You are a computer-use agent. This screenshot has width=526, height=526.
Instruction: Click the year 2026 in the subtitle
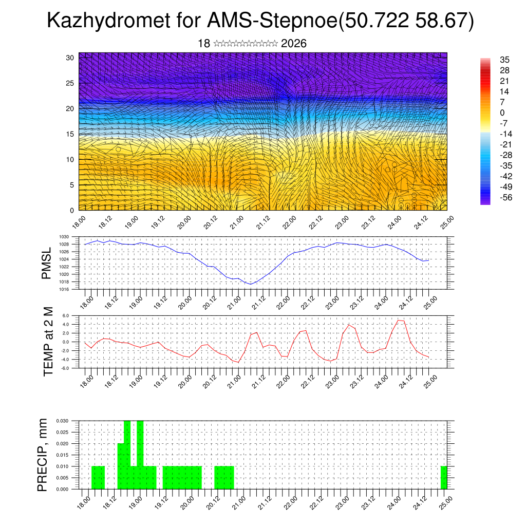(294, 44)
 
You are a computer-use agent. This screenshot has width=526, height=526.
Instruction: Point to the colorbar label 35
(504, 60)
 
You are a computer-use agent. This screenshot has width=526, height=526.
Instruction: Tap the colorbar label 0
(502, 113)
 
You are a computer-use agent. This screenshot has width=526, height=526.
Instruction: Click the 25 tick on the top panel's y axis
(70, 83)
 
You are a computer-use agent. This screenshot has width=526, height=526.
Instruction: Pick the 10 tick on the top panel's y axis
(70, 160)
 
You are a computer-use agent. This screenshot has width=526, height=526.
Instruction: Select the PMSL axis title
(47, 264)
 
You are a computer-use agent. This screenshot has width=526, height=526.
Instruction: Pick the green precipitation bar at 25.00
(444, 478)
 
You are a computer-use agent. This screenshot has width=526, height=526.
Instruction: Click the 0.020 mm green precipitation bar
(121, 466)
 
